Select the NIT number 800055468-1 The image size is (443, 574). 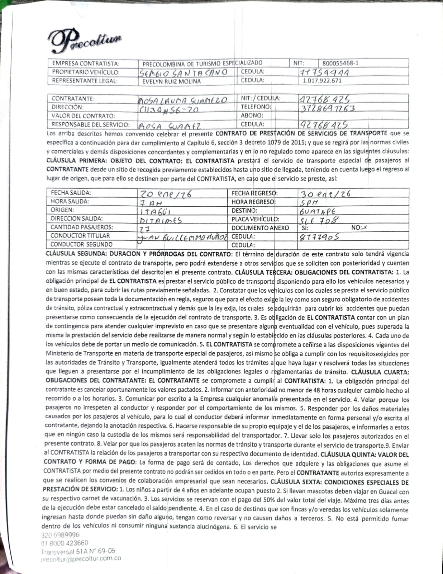[x=340, y=63]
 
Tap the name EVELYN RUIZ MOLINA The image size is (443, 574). [x=172, y=81]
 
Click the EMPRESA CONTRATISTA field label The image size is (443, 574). [x=86, y=63]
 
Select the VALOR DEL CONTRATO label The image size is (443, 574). [x=83, y=116]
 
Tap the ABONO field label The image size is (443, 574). [x=252, y=116]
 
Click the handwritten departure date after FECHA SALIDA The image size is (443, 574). [x=165, y=194]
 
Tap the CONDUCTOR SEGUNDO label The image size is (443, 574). [x=81, y=244]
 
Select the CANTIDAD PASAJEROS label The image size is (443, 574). [x=82, y=227]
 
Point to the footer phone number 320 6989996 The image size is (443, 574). [x=61, y=535]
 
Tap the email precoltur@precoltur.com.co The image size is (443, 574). [x=81, y=559]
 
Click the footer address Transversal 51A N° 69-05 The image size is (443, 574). [x=78, y=551]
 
